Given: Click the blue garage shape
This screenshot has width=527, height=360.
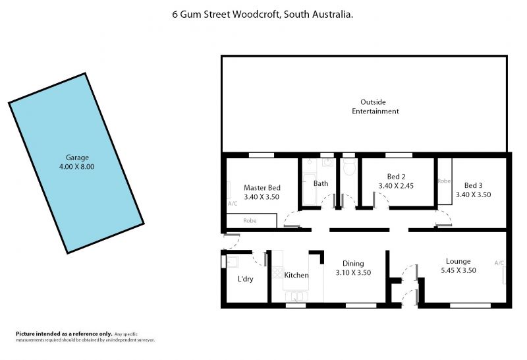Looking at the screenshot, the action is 76,163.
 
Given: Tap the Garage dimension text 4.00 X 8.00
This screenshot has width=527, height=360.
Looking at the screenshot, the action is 76,167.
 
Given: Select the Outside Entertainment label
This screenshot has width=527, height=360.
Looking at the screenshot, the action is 375,107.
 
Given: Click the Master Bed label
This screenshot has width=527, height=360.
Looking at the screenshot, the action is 262,188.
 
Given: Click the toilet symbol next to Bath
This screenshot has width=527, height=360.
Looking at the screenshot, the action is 349,167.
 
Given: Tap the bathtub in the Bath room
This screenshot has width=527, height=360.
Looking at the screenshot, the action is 309,189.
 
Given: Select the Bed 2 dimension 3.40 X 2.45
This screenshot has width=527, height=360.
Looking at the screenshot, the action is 396,186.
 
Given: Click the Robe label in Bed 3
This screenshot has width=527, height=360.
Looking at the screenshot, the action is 444,181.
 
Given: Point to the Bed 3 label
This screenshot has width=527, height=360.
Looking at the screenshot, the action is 473,185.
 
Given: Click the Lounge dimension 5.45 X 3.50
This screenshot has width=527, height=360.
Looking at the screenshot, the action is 458,270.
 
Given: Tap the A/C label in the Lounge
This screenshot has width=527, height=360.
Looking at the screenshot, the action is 499,263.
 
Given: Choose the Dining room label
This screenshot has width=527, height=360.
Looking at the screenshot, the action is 353,264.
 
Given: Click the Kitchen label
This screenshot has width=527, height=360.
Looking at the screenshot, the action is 296,275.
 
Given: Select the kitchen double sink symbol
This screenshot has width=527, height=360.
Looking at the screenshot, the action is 296,297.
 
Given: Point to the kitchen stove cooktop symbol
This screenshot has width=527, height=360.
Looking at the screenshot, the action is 277,272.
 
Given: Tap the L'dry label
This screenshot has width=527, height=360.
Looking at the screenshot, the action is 245,279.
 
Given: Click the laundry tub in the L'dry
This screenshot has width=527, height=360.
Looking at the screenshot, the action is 233,262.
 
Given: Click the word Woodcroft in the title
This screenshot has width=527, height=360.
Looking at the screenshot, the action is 256,15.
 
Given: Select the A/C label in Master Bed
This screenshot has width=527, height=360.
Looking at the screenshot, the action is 233,204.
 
